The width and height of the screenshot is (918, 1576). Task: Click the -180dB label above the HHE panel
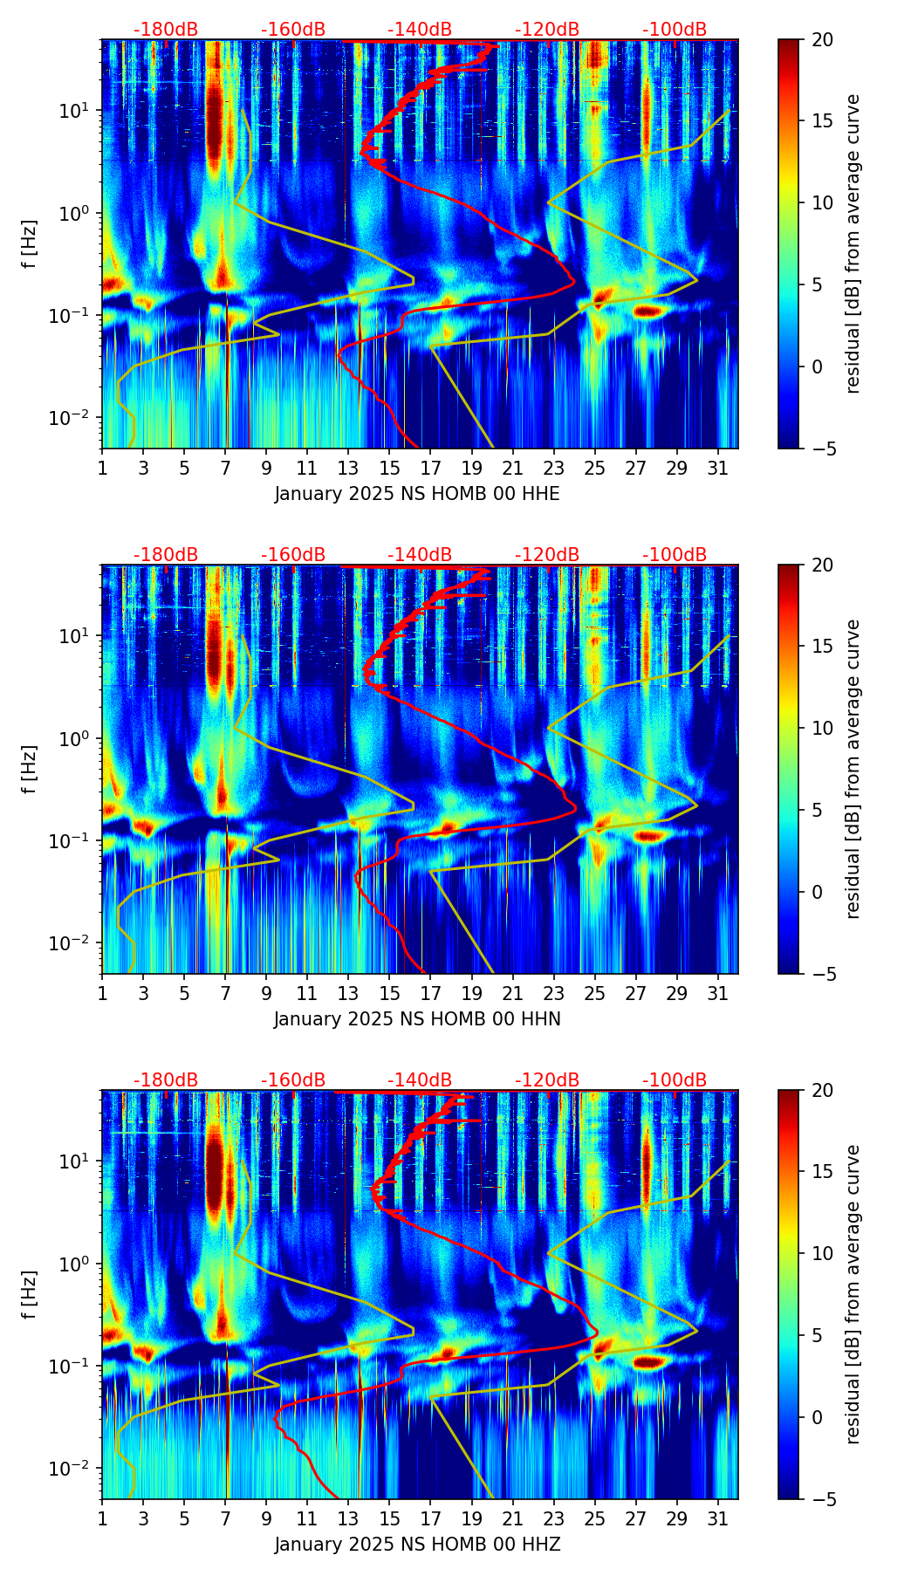click(165, 30)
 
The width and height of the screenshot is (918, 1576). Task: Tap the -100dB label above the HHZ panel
click(675, 1080)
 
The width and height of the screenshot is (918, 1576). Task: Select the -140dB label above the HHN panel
click(420, 555)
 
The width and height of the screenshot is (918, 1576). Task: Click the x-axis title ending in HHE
click(417, 494)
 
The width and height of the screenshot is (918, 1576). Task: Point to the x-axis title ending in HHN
click(417, 1019)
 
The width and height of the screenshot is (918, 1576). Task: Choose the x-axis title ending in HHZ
click(417, 1545)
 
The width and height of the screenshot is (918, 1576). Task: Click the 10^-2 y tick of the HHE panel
click(77, 418)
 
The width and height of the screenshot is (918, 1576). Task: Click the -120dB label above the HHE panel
click(547, 30)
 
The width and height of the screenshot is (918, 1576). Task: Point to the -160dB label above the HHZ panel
click(292, 1080)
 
